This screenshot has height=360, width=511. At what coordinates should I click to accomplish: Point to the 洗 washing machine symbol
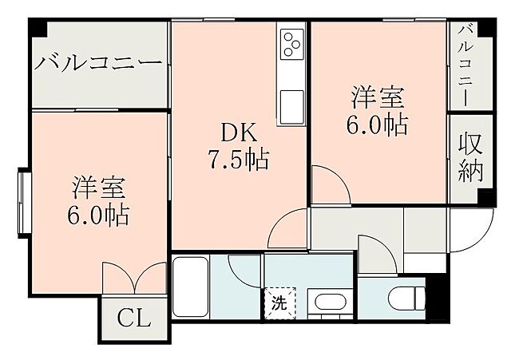279,303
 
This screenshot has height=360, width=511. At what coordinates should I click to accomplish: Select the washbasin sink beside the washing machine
328,304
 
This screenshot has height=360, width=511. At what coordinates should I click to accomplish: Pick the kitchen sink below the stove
290,103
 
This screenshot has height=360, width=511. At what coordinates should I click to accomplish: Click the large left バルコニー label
99,63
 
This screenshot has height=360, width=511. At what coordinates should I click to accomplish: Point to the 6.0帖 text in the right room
378,125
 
